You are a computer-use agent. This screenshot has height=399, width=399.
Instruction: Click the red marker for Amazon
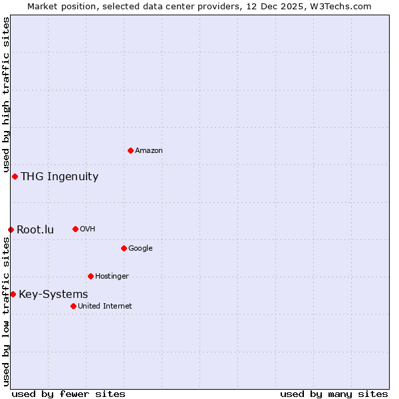[x=130, y=150]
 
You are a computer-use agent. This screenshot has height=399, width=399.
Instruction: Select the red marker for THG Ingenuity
[x=15, y=176]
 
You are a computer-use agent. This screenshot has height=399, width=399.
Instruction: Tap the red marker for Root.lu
[x=11, y=229]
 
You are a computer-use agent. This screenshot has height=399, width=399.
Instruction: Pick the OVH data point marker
[x=75, y=229]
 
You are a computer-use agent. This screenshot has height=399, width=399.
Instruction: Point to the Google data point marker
[x=124, y=248]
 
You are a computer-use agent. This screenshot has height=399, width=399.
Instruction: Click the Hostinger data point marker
[x=90, y=276]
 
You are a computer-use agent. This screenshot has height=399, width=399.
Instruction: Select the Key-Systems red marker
[x=13, y=294]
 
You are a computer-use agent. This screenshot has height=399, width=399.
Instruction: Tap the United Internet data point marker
[x=73, y=306]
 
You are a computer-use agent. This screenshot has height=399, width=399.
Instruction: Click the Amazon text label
[x=149, y=151]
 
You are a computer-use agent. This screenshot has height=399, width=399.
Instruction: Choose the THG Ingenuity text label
[x=59, y=177]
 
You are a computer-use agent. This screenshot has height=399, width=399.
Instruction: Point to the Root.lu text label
[x=35, y=230]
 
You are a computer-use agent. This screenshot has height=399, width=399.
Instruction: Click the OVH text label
[x=87, y=229]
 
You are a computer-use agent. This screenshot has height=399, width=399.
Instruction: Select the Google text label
[x=140, y=249]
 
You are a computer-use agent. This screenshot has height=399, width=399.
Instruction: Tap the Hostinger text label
[x=112, y=277]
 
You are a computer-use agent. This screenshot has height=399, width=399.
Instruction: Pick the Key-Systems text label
[x=53, y=295]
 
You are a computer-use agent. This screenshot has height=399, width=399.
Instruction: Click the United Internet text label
[x=104, y=307]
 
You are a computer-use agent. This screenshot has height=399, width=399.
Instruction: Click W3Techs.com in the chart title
[x=339, y=6]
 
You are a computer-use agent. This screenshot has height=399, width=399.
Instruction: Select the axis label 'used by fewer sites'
[x=68, y=394]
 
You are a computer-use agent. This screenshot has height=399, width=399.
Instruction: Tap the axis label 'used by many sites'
[x=334, y=394]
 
